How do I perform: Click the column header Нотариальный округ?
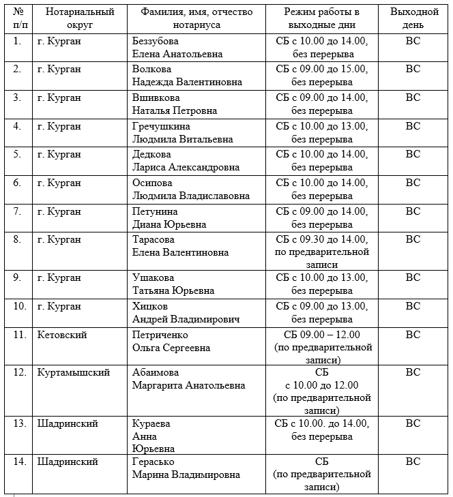tap(76, 18)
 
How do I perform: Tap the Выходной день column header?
tap(413, 18)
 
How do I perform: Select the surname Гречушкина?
tap(161, 126)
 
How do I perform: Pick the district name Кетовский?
tap(62, 335)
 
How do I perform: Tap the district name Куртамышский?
tap(72, 372)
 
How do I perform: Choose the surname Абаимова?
tap(156, 372)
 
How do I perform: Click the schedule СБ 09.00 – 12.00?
tap(321, 335)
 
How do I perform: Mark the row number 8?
tap(18, 239)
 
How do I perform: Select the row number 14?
tap(20, 462)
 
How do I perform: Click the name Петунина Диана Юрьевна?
tap(169, 218)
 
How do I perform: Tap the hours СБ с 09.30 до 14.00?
tap(321, 239)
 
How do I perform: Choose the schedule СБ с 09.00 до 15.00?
tap(321, 69)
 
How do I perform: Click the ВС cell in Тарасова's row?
tap(413, 239)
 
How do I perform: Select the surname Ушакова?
tap(153, 277)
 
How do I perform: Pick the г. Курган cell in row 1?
tap(59, 40)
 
